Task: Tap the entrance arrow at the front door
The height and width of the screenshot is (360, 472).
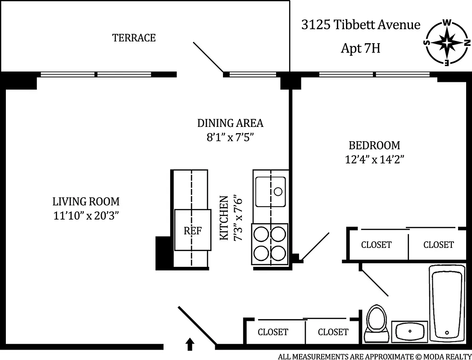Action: [190, 344]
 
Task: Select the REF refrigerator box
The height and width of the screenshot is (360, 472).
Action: [193, 230]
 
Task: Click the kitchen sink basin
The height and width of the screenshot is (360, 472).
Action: [270, 191]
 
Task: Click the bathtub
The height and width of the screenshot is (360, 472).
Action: [446, 302]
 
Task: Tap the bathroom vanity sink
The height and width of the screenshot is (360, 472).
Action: [409, 332]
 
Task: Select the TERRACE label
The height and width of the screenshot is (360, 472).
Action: [134, 38]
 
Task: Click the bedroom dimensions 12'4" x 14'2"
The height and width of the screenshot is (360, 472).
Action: [374, 160]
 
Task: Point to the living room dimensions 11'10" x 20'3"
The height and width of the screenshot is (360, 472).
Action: [86, 216]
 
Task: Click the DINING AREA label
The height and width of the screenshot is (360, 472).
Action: [230, 123]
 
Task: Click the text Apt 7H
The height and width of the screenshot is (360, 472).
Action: [360, 48]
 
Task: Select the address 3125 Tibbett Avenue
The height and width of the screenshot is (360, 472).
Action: [360, 25]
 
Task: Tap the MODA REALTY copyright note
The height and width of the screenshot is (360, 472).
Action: [373, 356]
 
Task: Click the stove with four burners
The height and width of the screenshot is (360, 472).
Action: [270, 243]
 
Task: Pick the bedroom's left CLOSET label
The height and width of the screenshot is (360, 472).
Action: [376, 245]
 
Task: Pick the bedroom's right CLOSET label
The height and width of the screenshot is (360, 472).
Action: [438, 245]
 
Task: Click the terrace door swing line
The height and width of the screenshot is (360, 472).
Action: [209, 57]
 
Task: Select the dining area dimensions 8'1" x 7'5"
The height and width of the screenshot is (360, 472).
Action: [230, 137]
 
